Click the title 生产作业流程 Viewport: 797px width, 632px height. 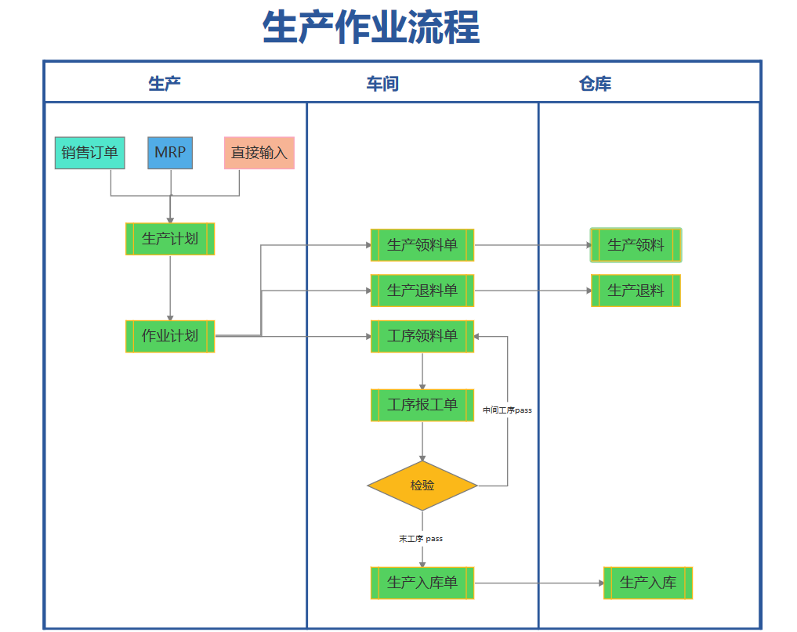(x=371, y=28)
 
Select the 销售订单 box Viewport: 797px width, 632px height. (x=90, y=153)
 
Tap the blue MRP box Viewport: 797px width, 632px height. (x=170, y=153)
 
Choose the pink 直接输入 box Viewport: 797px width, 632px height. (x=259, y=153)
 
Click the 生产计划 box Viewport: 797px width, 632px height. (x=170, y=239)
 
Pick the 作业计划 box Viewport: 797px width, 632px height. (x=170, y=336)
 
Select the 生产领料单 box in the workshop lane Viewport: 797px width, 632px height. (x=422, y=245)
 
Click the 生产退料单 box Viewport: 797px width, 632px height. (x=422, y=291)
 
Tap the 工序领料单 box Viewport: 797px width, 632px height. (x=422, y=336)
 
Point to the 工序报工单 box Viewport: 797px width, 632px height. (x=422, y=405)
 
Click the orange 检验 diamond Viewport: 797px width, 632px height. (x=422, y=486)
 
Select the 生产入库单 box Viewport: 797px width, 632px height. (x=422, y=583)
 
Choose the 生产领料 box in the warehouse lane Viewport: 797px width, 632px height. (x=636, y=245)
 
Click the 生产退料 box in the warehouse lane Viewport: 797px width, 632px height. (x=636, y=291)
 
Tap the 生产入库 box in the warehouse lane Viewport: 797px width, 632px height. (x=648, y=583)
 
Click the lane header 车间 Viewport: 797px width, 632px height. (x=382, y=83)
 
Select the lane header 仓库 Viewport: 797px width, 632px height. (x=596, y=83)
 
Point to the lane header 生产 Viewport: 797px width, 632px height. (x=165, y=83)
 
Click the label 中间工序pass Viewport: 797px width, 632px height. (x=507, y=410)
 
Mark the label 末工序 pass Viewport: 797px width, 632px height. (x=421, y=539)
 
